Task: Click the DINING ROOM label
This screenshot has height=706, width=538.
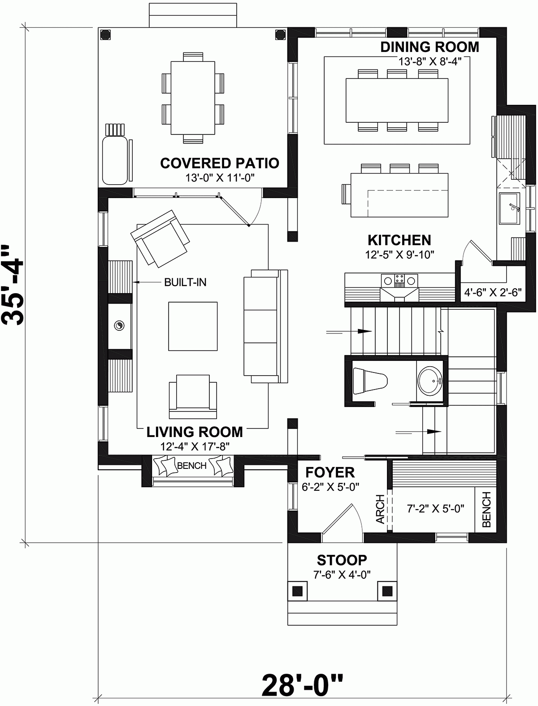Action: (x=430, y=47)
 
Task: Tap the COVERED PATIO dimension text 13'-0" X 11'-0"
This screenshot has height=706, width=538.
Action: (x=220, y=178)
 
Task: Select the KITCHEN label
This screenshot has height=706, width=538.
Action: (x=399, y=240)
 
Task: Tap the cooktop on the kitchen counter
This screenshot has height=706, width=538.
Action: (x=399, y=281)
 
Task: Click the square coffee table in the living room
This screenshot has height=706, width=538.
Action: (x=193, y=326)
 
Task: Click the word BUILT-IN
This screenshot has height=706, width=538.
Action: (x=185, y=282)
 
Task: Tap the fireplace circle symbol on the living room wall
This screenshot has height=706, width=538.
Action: (x=119, y=325)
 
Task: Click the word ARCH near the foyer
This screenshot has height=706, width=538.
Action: (x=380, y=509)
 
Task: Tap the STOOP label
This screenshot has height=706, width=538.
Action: (x=342, y=560)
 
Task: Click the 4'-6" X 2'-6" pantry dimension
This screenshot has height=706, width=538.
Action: (x=493, y=293)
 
